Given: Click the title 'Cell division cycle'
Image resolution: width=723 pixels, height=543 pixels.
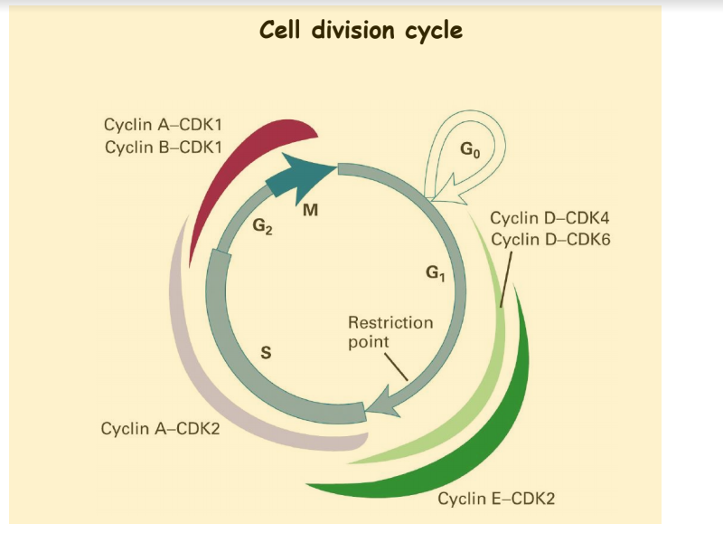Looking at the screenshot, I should [x=361, y=31].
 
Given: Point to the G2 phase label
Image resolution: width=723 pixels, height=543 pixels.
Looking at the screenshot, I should [x=262, y=227].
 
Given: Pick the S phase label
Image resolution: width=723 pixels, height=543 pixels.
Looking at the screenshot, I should [x=266, y=353].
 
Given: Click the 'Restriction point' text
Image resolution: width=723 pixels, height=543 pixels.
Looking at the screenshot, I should [x=390, y=332].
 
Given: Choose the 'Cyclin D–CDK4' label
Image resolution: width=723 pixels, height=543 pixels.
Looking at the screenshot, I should [x=549, y=219].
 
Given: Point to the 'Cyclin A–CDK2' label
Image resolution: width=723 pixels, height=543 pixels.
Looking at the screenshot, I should [x=160, y=426].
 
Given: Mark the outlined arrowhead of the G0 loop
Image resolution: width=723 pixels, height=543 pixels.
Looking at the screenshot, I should [x=445, y=192].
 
